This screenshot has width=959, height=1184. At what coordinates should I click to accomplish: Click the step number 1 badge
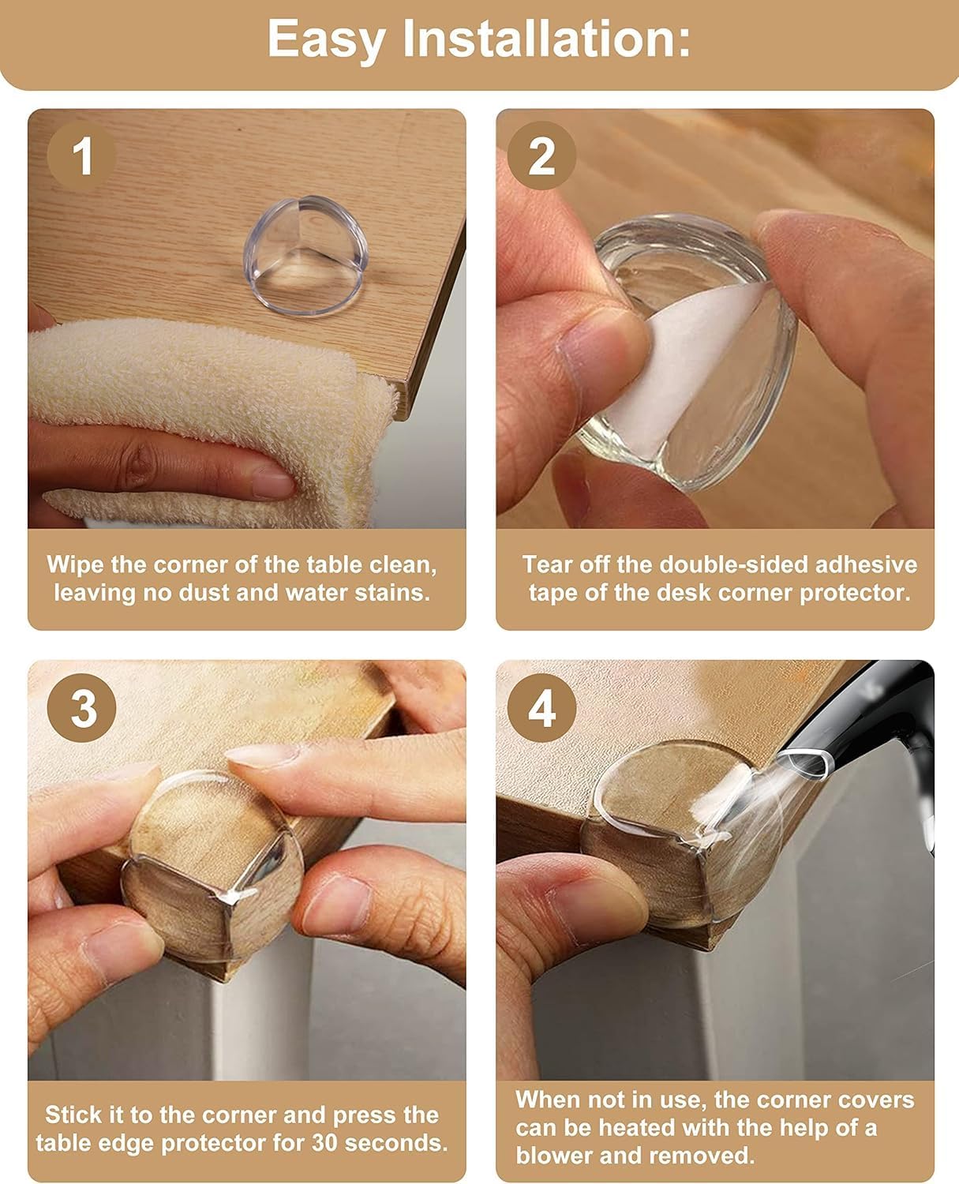click(82, 156)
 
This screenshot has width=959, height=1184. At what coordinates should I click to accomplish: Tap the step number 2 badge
click(542, 156)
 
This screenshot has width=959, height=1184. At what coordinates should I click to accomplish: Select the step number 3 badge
click(82, 708)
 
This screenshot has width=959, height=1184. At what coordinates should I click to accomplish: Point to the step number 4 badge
click(542, 708)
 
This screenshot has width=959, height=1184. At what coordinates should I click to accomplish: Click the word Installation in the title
click(546, 39)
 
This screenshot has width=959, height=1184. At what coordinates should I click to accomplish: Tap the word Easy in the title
click(327, 40)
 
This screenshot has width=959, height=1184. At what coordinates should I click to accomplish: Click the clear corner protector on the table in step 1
click(305, 255)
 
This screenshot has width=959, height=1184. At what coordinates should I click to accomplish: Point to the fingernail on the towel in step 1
click(272, 481)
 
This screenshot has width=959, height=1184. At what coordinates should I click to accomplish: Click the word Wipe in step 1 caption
click(76, 564)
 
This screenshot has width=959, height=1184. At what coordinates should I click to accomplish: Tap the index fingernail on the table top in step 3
click(262, 755)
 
